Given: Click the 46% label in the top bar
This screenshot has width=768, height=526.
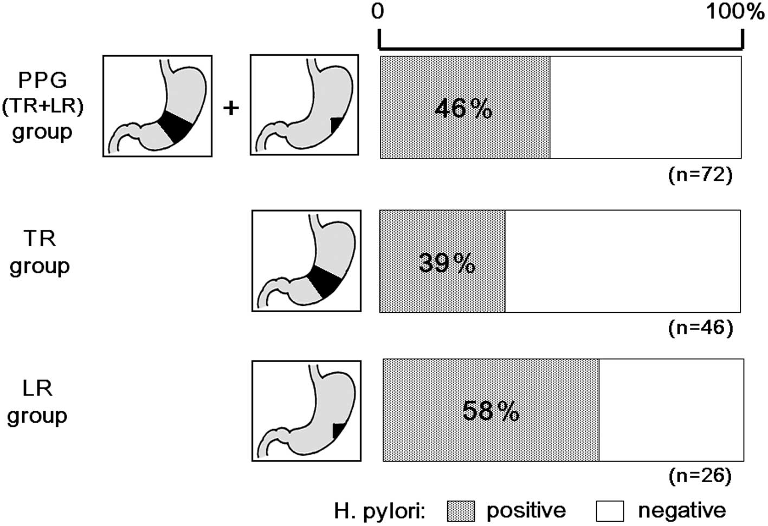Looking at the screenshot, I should click(x=463, y=109).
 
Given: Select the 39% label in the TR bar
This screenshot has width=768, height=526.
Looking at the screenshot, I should click(x=447, y=264).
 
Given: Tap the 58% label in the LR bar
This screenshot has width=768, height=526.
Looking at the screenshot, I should click(x=491, y=411).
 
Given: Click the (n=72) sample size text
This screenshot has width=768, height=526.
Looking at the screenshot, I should click(x=700, y=175).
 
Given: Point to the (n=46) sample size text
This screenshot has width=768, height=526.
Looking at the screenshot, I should click(x=700, y=327).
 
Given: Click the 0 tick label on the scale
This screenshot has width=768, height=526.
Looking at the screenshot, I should click(x=378, y=11).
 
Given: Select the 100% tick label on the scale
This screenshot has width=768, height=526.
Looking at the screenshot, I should click(x=734, y=11).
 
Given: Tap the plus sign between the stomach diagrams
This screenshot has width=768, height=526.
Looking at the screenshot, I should click(x=231, y=108).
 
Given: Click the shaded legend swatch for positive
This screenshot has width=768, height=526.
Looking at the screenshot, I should click(x=461, y=511).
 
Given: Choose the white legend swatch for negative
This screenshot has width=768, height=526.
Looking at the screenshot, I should click(x=610, y=511).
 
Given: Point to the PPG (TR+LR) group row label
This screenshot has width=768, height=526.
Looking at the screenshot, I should click(x=42, y=106).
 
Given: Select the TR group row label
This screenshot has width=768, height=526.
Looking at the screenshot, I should click(x=40, y=252).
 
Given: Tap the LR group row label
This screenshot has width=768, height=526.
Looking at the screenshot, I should click(x=37, y=402).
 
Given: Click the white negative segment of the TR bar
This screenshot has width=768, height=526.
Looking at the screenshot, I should click(x=622, y=261).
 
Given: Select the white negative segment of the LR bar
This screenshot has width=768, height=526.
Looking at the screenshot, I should click(x=671, y=410).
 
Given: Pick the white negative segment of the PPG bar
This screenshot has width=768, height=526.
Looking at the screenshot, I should click(x=645, y=107).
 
